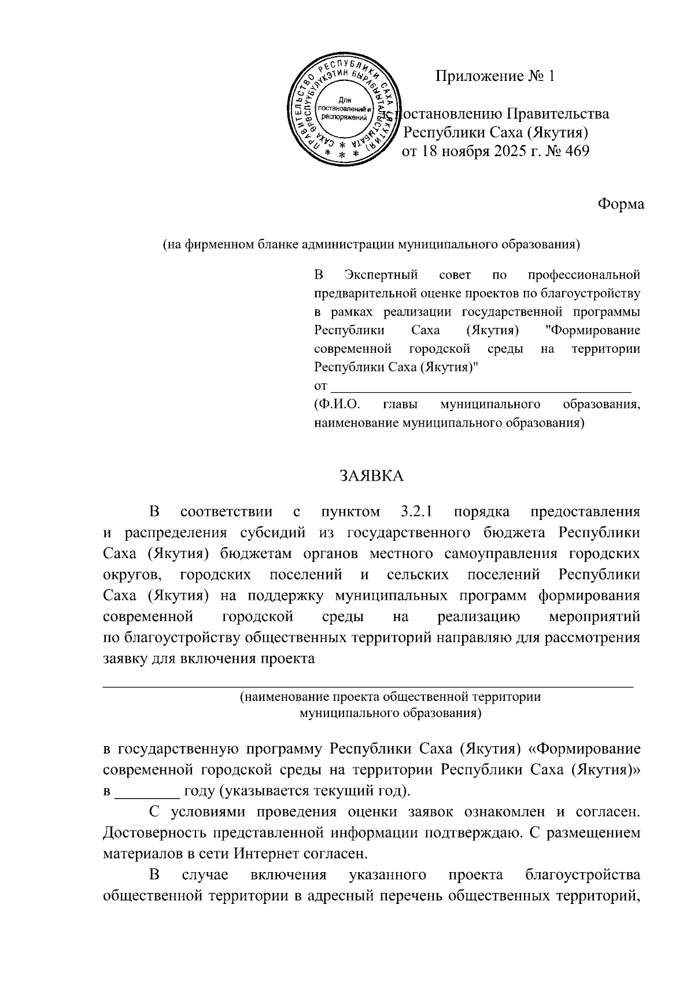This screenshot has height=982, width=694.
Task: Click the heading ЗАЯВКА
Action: tap(371, 476)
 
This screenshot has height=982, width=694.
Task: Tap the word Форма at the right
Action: tap(621, 204)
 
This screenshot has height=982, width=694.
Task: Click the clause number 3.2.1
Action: tap(418, 512)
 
